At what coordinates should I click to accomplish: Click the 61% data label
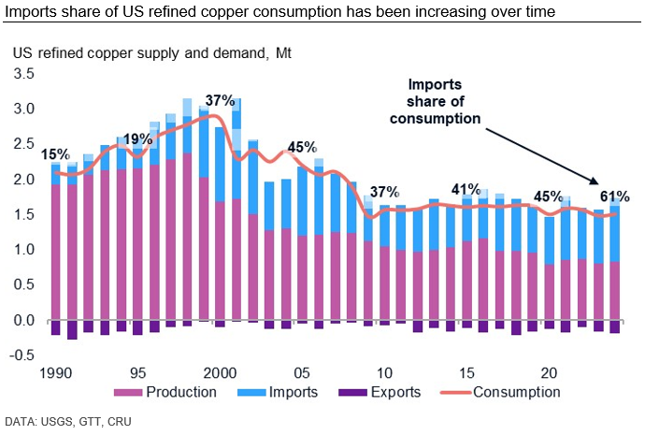coord(614,196)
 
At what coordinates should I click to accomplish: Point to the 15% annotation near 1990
coord(56,154)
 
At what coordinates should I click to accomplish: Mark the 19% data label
coord(137,140)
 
